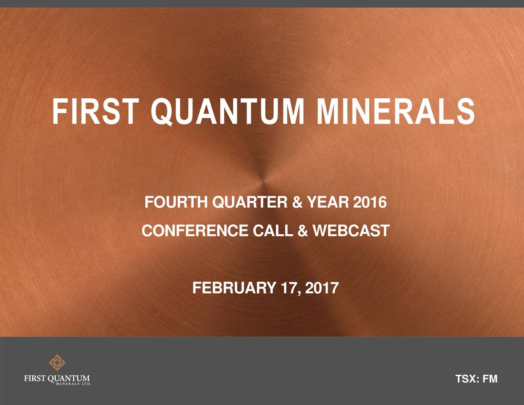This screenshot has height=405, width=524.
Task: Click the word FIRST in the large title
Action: pos(93,111)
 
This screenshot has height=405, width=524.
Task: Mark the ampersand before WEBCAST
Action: pos(303,231)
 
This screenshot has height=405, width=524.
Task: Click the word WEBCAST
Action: pos(350,231)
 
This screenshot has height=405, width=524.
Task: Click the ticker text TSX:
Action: pos(467,380)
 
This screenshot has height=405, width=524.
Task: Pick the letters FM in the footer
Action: pos(490,380)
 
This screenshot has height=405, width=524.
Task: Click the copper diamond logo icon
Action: pos(57,363)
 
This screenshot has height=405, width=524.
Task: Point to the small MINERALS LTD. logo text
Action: pos(73,384)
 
